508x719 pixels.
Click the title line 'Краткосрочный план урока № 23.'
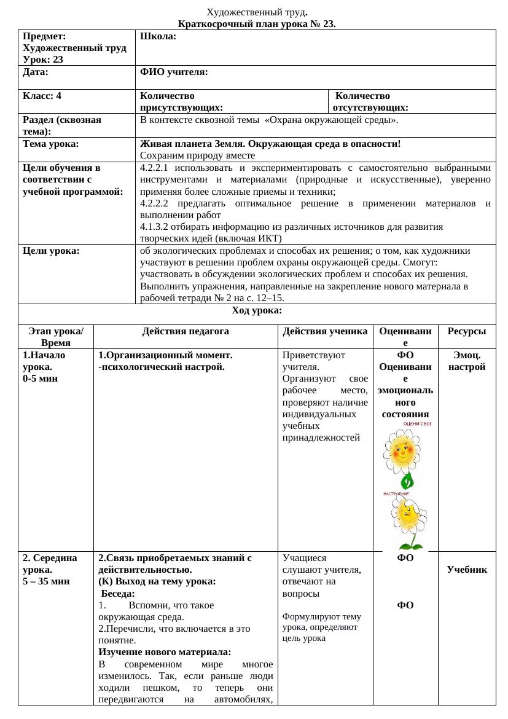pyautogui.click(x=257, y=25)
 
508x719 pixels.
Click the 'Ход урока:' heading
pyautogui.click(x=257, y=310)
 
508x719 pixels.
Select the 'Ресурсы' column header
pyautogui.click(x=467, y=331)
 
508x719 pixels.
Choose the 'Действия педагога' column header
pyautogui.click(x=186, y=331)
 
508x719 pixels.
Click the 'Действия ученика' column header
pyautogui.click(x=325, y=331)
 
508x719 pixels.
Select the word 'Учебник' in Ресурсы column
pyautogui.click(x=467, y=570)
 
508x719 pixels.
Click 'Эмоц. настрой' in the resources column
pyautogui.click(x=467, y=361)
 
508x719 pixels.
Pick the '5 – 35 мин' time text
pyautogui.click(x=46, y=581)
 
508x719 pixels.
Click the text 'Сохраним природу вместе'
pyautogui.click(x=197, y=155)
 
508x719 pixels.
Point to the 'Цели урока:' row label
pyautogui.click(x=51, y=251)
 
